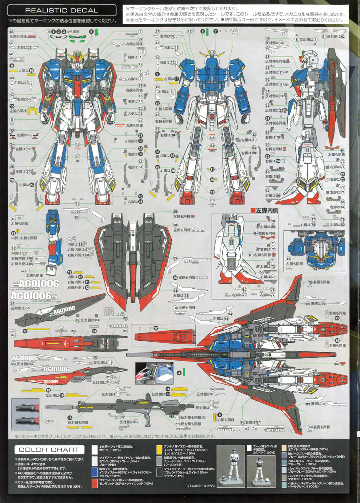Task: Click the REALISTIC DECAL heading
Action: tap(62, 10)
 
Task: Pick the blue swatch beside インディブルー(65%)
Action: tap(95, 472)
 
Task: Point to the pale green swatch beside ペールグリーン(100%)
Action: tap(284, 484)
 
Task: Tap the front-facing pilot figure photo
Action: tap(231, 466)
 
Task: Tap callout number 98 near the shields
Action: tap(77, 217)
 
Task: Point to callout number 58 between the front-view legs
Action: tap(78, 145)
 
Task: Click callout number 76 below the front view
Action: tap(78, 203)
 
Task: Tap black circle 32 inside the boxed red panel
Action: tap(156, 328)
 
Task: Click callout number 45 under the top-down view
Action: tap(288, 259)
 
